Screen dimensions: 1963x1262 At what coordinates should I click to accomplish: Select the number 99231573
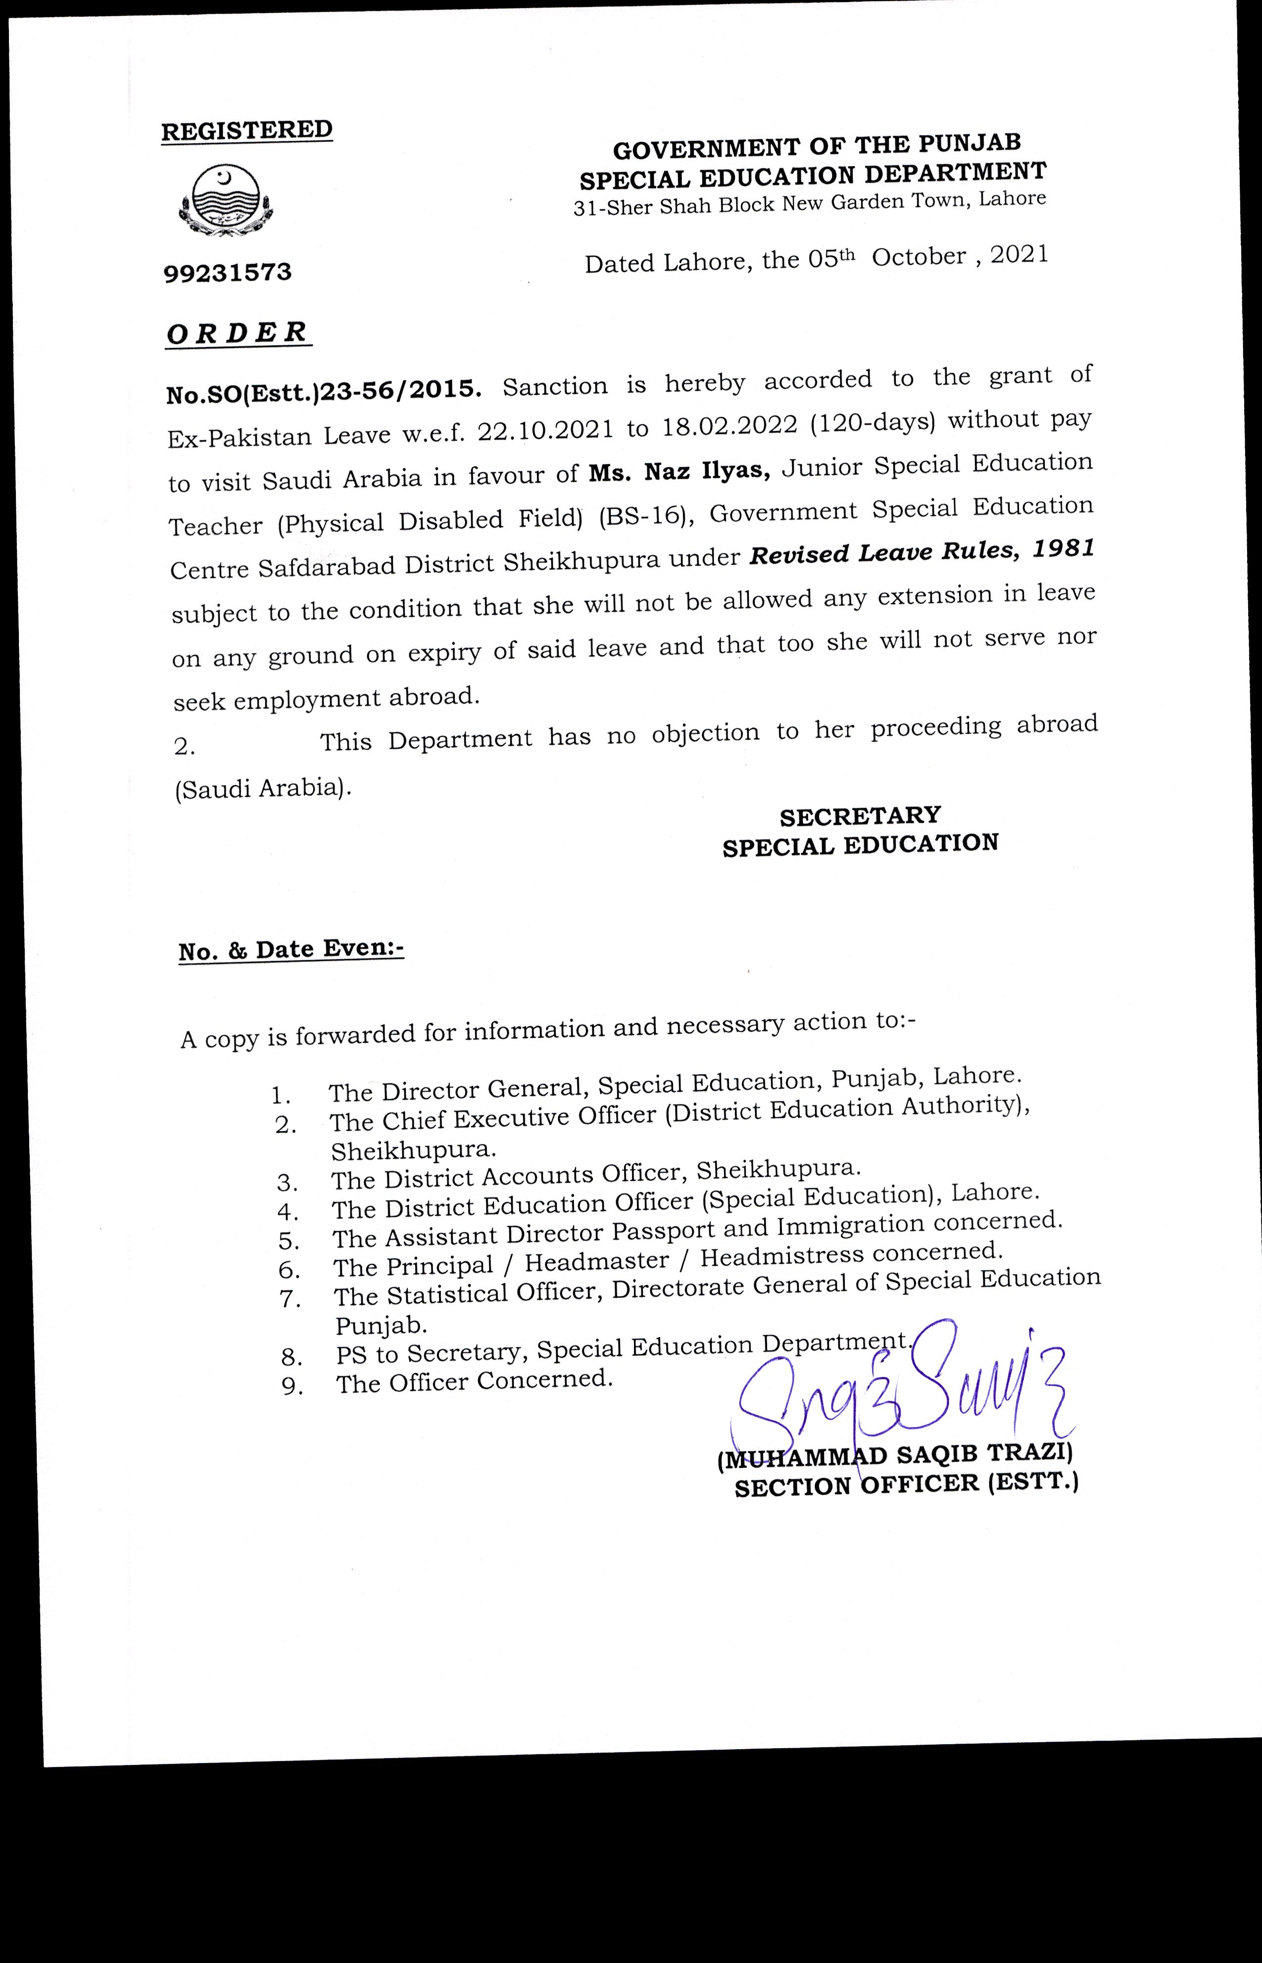click(x=228, y=272)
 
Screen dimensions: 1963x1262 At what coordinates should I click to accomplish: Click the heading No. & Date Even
click(x=291, y=950)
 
